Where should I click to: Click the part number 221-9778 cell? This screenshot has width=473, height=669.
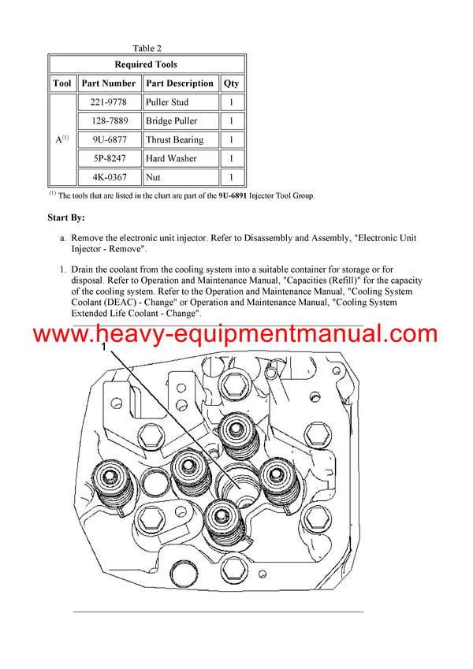point(109,102)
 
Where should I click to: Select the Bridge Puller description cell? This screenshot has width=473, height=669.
point(171,121)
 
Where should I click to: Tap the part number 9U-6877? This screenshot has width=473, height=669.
point(109,140)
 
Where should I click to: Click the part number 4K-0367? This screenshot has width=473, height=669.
point(109,178)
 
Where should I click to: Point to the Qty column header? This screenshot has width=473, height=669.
point(231,84)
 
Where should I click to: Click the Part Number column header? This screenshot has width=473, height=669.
point(109,84)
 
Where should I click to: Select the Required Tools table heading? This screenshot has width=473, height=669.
point(146,65)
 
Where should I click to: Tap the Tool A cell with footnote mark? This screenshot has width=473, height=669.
point(62,139)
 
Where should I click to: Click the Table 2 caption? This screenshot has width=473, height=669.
point(147,48)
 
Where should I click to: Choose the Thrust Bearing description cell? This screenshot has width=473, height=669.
point(174,140)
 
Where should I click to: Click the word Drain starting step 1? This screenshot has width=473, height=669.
point(85,270)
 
